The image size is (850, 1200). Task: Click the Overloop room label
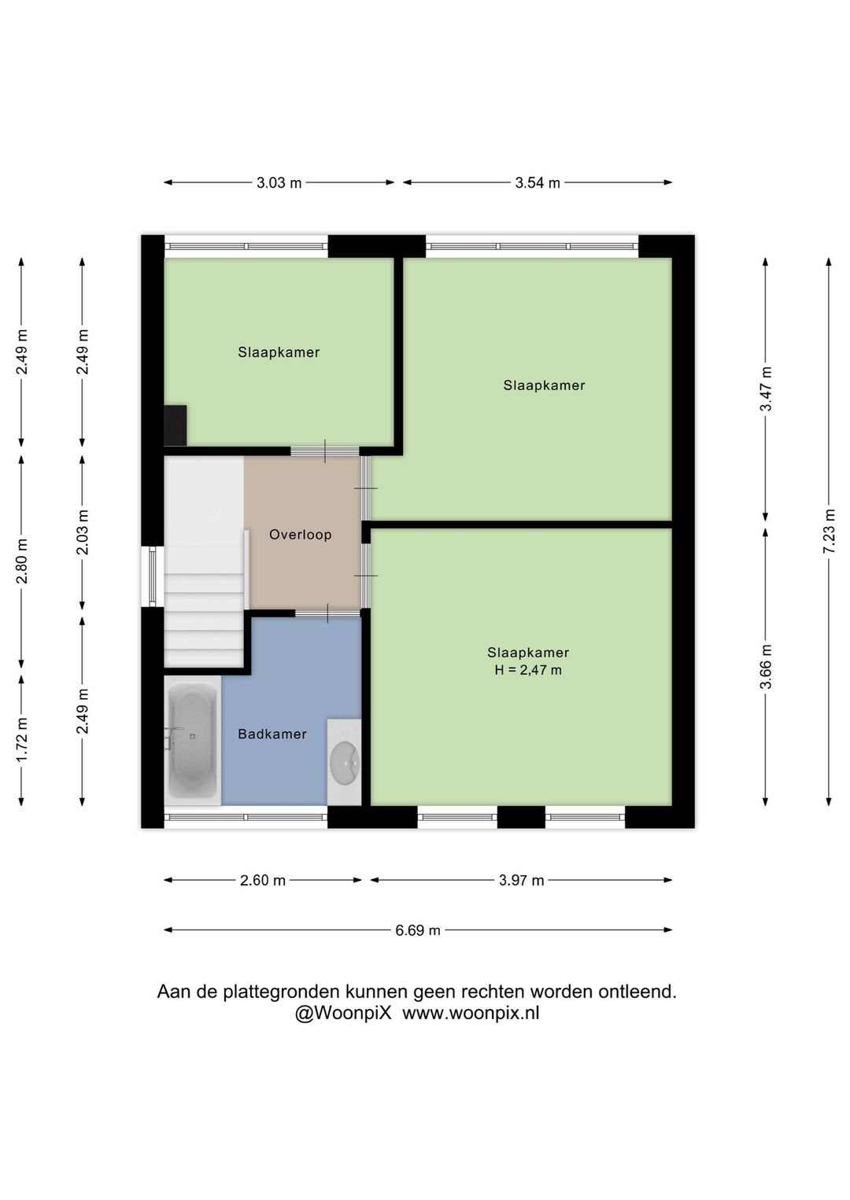(301, 534)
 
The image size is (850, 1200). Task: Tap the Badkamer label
(272, 734)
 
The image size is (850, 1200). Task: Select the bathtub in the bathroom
(193, 740)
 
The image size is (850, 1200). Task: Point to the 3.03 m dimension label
(279, 182)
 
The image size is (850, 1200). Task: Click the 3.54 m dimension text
(538, 182)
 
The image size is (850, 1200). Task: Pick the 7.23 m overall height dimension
(829, 531)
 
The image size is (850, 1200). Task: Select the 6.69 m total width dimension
(418, 930)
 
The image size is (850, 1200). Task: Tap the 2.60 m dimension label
(263, 880)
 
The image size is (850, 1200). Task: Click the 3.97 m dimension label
(521, 880)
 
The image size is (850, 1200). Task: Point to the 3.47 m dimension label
(766, 389)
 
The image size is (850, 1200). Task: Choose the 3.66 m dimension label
(766, 666)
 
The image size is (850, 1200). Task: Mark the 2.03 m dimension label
(82, 532)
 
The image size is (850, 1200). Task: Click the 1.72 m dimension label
(21, 738)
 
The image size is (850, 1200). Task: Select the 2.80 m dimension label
(21, 561)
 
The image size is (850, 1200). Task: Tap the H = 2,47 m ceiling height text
(528, 670)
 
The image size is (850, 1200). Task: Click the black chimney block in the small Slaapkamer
(176, 425)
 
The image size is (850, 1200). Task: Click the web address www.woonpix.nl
(471, 1013)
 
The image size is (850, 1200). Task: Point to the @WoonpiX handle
(344, 1013)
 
